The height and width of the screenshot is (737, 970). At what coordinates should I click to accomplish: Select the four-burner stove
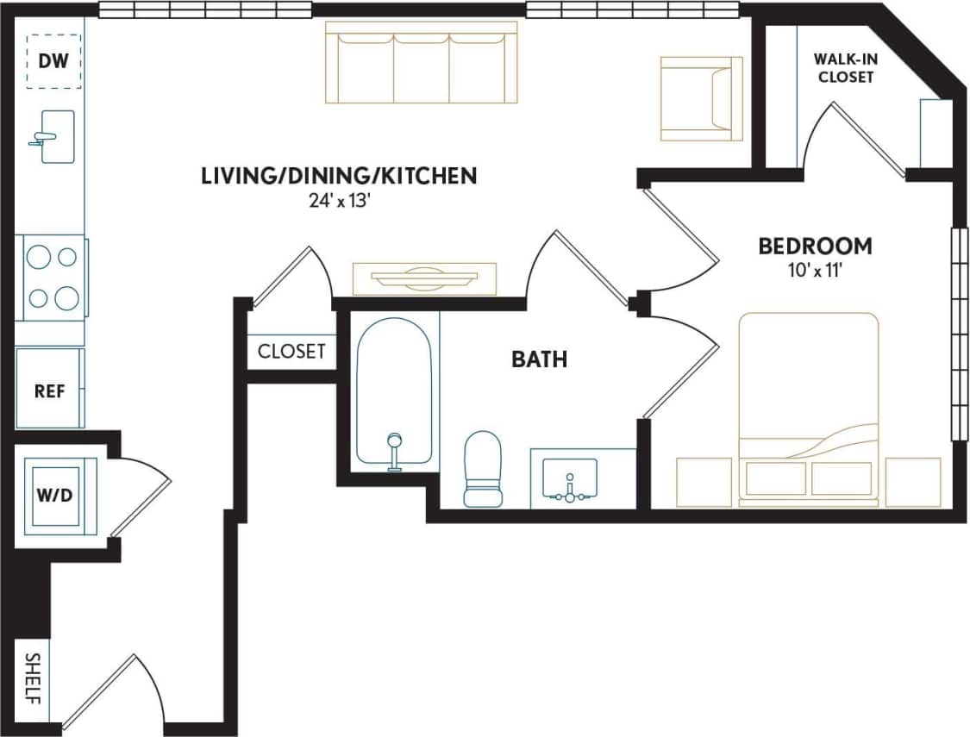pyautogui.click(x=53, y=278)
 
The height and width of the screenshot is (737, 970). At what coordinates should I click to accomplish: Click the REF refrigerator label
pyautogui.click(x=49, y=390)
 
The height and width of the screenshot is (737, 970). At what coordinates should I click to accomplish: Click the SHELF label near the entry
pyautogui.click(x=32, y=679)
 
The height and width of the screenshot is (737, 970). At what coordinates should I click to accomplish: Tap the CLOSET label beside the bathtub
pyautogui.click(x=291, y=351)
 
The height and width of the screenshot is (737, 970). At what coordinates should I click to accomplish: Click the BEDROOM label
pyautogui.click(x=815, y=246)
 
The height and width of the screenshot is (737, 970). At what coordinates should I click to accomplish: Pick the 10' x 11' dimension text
pyautogui.click(x=815, y=270)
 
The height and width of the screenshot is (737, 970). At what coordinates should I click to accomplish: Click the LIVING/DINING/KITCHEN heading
pyautogui.click(x=338, y=177)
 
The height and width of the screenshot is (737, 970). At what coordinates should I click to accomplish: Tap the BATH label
pyautogui.click(x=540, y=359)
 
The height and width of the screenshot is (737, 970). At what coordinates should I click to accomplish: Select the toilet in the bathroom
pyautogui.click(x=483, y=468)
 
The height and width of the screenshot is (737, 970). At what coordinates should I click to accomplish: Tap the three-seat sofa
pyautogui.click(x=422, y=63)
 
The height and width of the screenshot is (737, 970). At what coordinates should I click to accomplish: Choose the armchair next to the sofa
pyautogui.click(x=701, y=98)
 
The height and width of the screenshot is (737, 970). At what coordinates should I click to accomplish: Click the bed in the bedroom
pyautogui.click(x=808, y=409)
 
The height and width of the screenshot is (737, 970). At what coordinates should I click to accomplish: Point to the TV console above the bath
pyautogui.click(x=424, y=278)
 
